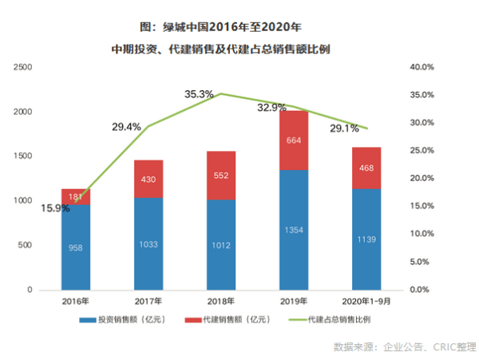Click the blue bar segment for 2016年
(76, 247)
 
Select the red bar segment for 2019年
(294, 140)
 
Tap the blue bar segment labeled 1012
(220, 244)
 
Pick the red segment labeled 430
(148, 179)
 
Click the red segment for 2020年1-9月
(366, 168)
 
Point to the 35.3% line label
(199, 94)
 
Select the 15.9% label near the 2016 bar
(54, 208)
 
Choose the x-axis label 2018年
(220, 302)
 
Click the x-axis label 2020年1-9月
(366, 302)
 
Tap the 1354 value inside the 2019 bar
(294, 230)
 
